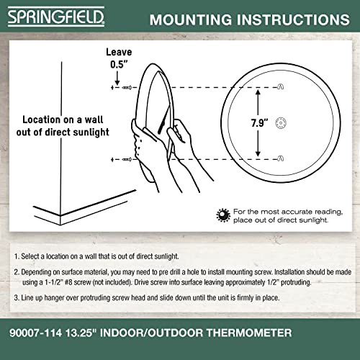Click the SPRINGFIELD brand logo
46,17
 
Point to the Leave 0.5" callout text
119,57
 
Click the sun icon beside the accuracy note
224,215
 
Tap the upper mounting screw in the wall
122,87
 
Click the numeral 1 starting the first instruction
16,256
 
